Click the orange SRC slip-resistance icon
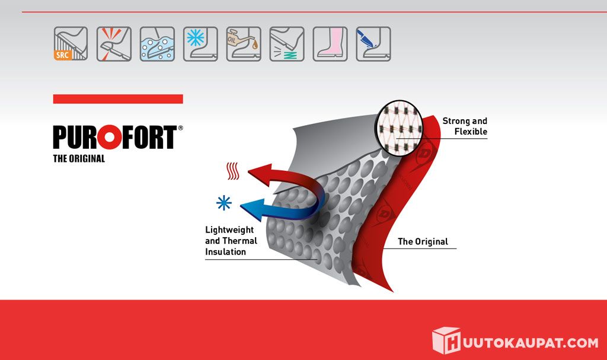[71, 44]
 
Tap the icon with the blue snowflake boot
[200, 44]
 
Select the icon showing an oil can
[244, 44]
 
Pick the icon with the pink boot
[330, 44]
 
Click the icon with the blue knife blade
[373, 44]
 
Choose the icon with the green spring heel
[287, 44]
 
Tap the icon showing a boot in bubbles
[157, 44]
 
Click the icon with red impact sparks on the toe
[114, 44]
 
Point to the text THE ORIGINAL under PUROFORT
[79, 158]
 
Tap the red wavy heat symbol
[232, 171]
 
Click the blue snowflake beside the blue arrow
[223, 203]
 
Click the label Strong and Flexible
[465, 126]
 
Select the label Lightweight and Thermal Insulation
[231, 241]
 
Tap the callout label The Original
[423, 242]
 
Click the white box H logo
[446, 340]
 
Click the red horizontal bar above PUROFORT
[118, 99]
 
